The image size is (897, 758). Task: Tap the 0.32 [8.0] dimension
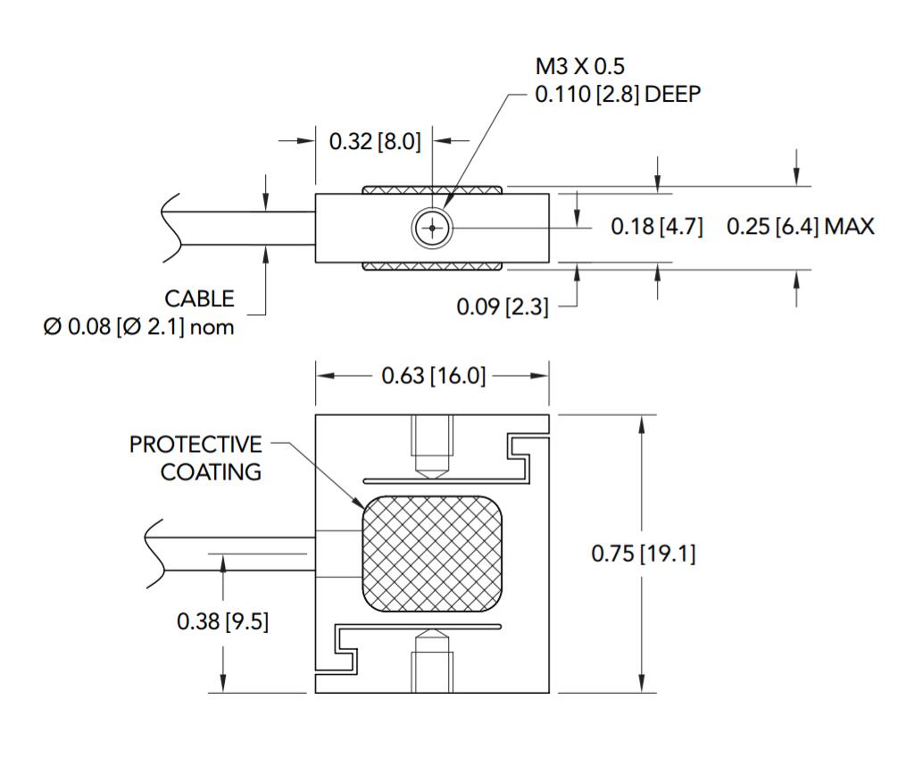coord(374,141)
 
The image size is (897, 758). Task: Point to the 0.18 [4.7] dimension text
coord(656,227)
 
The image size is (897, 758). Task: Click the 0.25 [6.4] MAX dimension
coord(800,227)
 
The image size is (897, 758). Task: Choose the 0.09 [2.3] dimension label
coord(502,307)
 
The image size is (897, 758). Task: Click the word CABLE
coord(198,298)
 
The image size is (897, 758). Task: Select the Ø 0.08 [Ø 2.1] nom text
coord(138,327)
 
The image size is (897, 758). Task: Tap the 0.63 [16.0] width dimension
coord(433,376)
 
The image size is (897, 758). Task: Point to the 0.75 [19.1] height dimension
coord(644,554)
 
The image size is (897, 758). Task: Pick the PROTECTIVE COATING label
coord(196,457)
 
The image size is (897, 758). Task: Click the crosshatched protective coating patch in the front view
coord(431,554)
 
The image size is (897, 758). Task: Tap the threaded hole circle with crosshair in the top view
coord(433,228)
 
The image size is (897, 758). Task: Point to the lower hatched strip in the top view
coord(432,266)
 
